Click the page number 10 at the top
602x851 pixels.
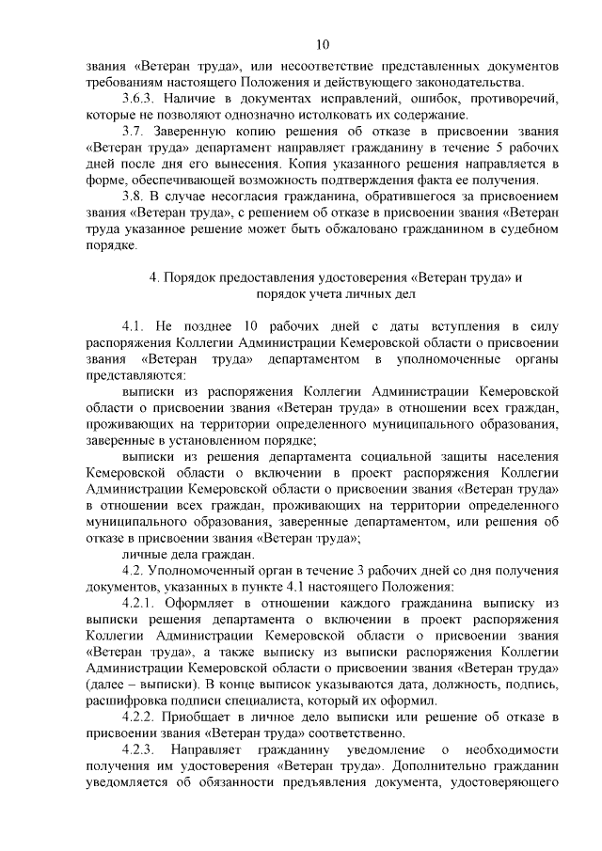pos(322,44)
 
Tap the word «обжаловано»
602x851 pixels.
pos(332,230)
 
